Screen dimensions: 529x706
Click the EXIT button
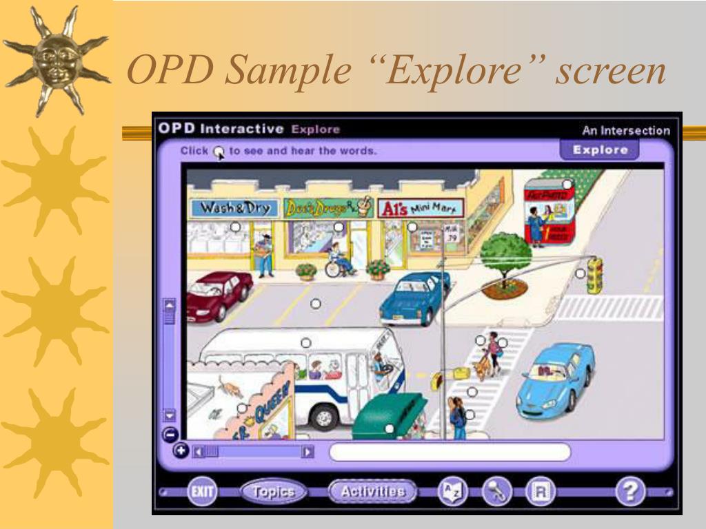click(x=202, y=492)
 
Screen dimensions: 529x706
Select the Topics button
click(x=274, y=492)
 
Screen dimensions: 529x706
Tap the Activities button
click(x=373, y=492)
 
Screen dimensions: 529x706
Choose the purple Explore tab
click(x=599, y=149)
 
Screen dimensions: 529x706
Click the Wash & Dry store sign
click(x=235, y=207)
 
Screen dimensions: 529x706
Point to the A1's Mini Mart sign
click(x=421, y=207)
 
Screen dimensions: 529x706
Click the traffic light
click(x=594, y=276)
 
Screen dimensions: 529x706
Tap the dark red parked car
click(x=218, y=293)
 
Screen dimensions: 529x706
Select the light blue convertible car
click(x=556, y=379)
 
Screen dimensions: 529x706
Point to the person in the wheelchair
click(x=338, y=260)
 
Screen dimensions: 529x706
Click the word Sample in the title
click(x=288, y=71)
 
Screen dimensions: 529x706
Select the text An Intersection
click(x=625, y=130)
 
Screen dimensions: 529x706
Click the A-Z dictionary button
click(x=453, y=492)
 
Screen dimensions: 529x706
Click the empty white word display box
click(x=450, y=452)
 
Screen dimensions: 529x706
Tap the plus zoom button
click(x=181, y=451)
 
